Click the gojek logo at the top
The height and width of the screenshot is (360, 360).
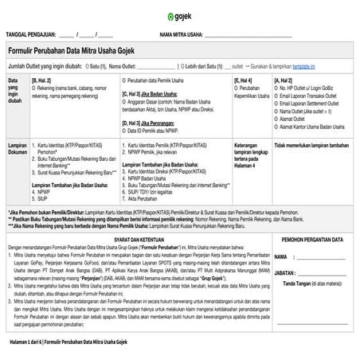click(x=179, y=17)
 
